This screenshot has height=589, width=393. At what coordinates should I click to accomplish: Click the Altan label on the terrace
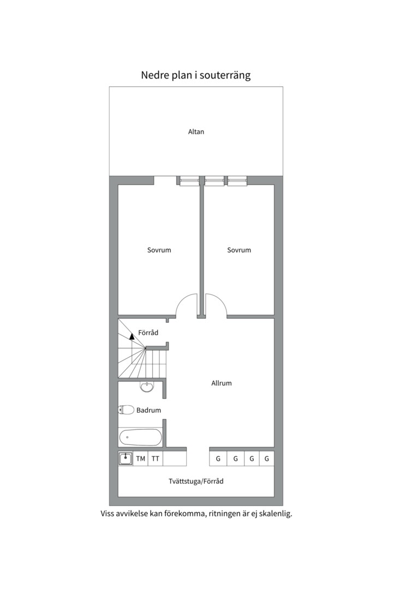tap(196, 132)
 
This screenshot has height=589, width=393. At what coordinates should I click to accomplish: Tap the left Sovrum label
tap(159, 250)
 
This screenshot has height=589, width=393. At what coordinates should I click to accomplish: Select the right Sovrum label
tap(239, 250)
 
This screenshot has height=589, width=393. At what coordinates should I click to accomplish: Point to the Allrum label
tap(222, 383)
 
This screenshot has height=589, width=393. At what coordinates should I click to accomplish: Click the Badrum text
tap(148, 410)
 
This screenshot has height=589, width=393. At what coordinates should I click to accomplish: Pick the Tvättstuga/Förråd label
tap(196, 481)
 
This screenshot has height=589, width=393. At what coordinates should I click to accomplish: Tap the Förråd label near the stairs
tap(148, 333)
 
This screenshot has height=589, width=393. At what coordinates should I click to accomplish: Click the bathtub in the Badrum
tap(140, 437)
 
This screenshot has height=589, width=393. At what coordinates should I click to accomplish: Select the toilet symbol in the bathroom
tap(127, 410)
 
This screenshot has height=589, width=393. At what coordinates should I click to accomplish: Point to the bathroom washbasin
tap(147, 387)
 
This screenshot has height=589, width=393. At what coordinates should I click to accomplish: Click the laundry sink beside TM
tap(126, 459)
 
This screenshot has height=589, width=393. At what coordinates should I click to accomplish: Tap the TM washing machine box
tap(141, 459)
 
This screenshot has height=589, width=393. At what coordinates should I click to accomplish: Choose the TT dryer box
tap(156, 459)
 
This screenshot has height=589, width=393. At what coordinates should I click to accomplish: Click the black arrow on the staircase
tap(132, 336)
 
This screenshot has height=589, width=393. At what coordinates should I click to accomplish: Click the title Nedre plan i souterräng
tap(195, 75)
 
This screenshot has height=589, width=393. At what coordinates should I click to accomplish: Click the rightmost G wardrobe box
tap(266, 459)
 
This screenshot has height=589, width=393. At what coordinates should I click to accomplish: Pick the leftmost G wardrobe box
tap(218, 459)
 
